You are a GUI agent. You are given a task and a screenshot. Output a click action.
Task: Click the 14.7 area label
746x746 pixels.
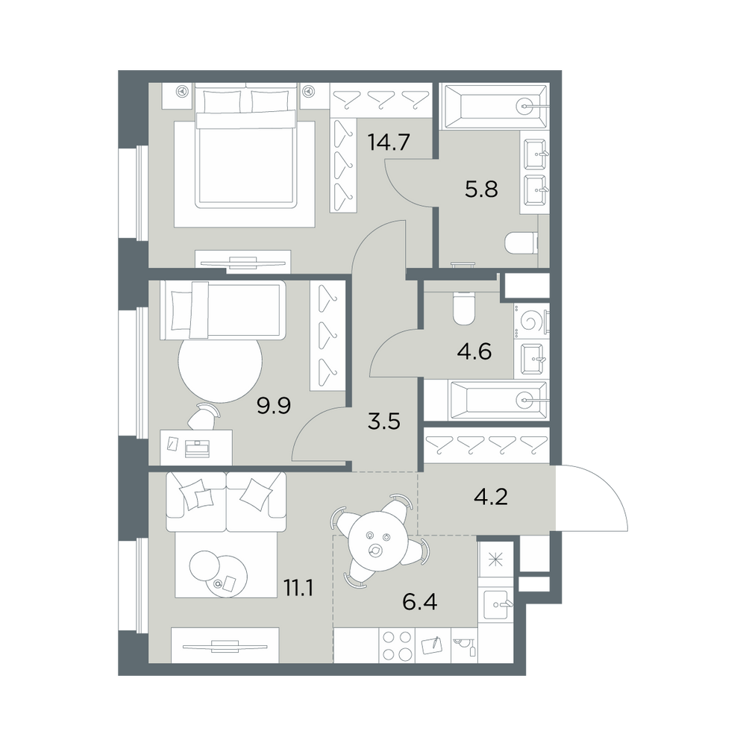(x=389, y=142)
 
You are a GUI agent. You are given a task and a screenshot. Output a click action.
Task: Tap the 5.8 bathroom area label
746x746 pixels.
(x=481, y=189)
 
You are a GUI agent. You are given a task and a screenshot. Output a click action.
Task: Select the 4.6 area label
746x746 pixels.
(x=474, y=351)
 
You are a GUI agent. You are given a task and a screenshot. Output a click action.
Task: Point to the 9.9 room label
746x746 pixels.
(x=274, y=406)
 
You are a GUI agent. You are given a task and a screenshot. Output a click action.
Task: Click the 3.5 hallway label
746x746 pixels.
(x=384, y=421)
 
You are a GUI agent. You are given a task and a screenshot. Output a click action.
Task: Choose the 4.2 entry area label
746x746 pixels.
(x=491, y=497)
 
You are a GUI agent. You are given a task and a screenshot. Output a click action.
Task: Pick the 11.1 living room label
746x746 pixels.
(x=299, y=589)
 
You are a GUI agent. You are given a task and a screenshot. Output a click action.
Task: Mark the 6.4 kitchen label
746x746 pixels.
(x=419, y=602)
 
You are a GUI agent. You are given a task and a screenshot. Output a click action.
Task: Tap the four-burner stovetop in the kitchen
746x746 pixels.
(x=397, y=645)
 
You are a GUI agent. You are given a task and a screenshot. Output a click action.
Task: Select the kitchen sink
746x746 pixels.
(x=496, y=605)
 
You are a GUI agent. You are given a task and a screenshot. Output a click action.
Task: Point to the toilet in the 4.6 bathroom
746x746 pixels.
(x=464, y=307)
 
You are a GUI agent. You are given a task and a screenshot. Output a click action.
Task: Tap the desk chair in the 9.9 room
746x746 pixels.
(x=204, y=416)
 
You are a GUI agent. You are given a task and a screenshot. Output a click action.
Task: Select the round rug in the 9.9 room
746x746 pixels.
(x=220, y=366)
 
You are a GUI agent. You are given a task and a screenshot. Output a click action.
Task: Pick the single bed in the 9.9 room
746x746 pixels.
(x=222, y=310)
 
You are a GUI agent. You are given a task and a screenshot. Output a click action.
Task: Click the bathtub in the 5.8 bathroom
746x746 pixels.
(x=495, y=107)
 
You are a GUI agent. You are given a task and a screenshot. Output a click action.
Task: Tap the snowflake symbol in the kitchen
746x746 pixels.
(x=496, y=559)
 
